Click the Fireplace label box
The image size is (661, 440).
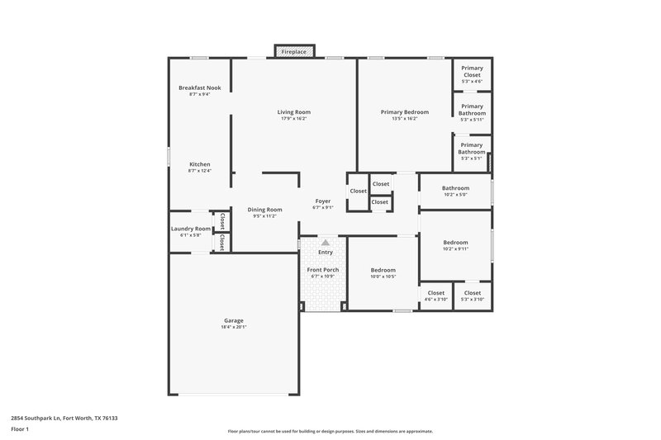pyautogui.click(x=293, y=52)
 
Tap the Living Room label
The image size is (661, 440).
pyautogui.click(x=293, y=111)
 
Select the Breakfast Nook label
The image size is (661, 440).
pyautogui.click(x=200, y=88)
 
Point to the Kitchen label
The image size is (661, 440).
pyautogui.click(x=200, y=164)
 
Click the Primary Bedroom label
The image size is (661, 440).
pyautogui.click(x=405, y=111)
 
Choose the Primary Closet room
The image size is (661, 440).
pyautogui.click(x=472, y=73)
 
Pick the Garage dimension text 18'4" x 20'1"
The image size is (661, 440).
pyautogui.click(x=234, y=327)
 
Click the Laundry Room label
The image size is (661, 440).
pyautogui.click(x=191, y=229)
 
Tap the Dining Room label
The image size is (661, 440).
pyautogui.click(x=265, y=210)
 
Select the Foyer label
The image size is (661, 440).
pyautogui.click(x=323, y=201)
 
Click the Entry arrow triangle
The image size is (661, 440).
pyautogui.click(x=326, y=243)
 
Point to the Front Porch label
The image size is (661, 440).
pyautogui.click(x=323, y=270)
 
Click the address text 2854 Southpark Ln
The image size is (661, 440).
pyautogui.click(x=41, y=418)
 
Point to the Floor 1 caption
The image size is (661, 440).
pyautogui.click(x=20, y=430)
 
